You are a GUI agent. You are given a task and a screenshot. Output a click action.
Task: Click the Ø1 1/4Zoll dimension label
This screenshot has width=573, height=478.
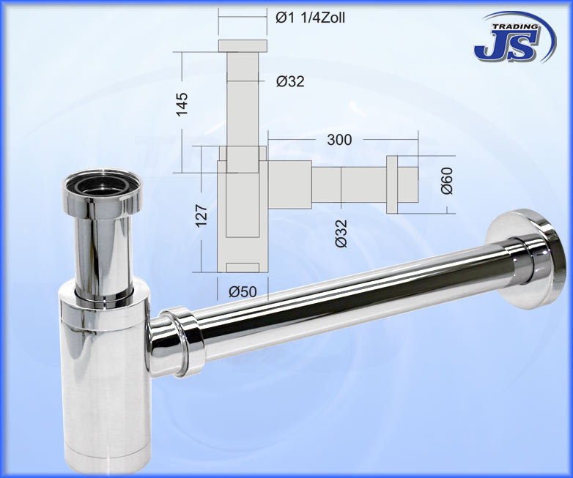(310, 18)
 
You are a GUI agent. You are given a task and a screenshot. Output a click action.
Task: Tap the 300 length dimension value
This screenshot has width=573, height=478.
(339, 139)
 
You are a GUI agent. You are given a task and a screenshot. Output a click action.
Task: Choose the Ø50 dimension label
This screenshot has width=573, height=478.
(243, 291)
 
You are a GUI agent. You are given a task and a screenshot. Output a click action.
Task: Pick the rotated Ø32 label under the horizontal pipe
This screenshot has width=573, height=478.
(341, 233)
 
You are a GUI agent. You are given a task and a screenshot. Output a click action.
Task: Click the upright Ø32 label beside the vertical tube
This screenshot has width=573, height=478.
(290, 81)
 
